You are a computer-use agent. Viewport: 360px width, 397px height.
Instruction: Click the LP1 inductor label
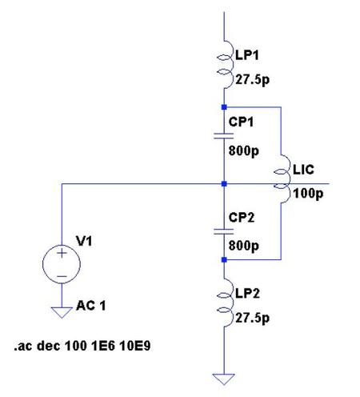(247, 55)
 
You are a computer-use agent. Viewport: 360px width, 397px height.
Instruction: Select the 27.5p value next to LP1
(252, 80)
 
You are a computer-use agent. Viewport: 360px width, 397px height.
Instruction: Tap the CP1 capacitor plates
(224, 136)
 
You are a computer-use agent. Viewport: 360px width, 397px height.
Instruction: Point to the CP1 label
(241, 122)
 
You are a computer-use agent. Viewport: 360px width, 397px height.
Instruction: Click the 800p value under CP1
(243, 151)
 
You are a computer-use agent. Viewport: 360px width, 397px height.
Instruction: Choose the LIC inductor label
(303, 170)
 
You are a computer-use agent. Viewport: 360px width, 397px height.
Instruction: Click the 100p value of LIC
(308, 194)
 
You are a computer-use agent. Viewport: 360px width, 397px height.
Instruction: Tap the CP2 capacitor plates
(224, 231)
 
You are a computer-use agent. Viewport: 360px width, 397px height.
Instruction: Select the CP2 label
(241, 218)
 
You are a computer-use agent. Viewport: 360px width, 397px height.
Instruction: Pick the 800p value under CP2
(243, 246)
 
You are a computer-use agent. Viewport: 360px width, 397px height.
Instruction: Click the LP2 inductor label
(247, 294)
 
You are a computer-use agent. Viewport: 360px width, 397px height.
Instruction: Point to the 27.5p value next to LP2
(252, 318)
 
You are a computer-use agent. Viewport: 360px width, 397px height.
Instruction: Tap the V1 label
(84, 241)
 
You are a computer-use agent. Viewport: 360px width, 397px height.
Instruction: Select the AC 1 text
(91, 306)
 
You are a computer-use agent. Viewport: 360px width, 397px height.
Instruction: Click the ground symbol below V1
(62, 312)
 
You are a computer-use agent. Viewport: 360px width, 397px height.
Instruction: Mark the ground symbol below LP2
(224, 379)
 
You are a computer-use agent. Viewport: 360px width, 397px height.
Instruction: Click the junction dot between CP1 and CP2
(224, 184)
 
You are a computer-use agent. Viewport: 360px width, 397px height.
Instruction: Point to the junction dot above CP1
(224, 107)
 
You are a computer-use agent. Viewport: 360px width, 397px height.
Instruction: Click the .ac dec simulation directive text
(82, 346)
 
